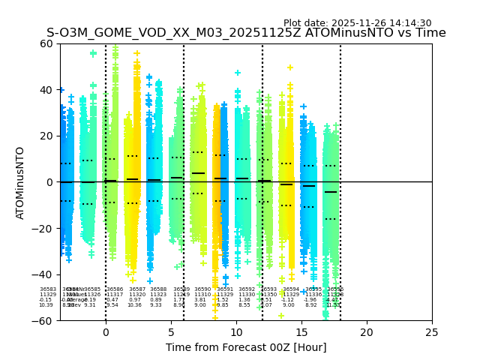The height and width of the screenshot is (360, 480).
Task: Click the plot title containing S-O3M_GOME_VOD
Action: [246, 33]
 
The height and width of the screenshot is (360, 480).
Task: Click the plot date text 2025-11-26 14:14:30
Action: [357, 23]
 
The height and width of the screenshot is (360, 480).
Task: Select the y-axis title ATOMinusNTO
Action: [20, 182]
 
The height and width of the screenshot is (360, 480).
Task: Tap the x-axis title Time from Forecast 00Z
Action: [246, 347]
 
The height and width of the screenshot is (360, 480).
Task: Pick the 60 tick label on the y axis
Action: [46, 43]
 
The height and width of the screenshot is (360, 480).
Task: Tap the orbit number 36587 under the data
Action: [137, 289]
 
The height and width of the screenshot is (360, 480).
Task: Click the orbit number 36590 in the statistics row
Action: [202, 289]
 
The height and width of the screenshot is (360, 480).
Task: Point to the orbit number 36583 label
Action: [48, 289]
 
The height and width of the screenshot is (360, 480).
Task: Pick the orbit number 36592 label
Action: [247, 289]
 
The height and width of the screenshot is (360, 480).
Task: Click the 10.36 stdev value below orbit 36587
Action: [134, 305]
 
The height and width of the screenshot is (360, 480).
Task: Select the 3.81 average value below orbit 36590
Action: [200, 300]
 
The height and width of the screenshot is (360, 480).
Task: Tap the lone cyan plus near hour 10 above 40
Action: [238, 73]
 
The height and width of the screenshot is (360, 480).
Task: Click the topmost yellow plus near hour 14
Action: [289, 67]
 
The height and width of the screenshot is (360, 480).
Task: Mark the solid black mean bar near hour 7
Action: [198, 173]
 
